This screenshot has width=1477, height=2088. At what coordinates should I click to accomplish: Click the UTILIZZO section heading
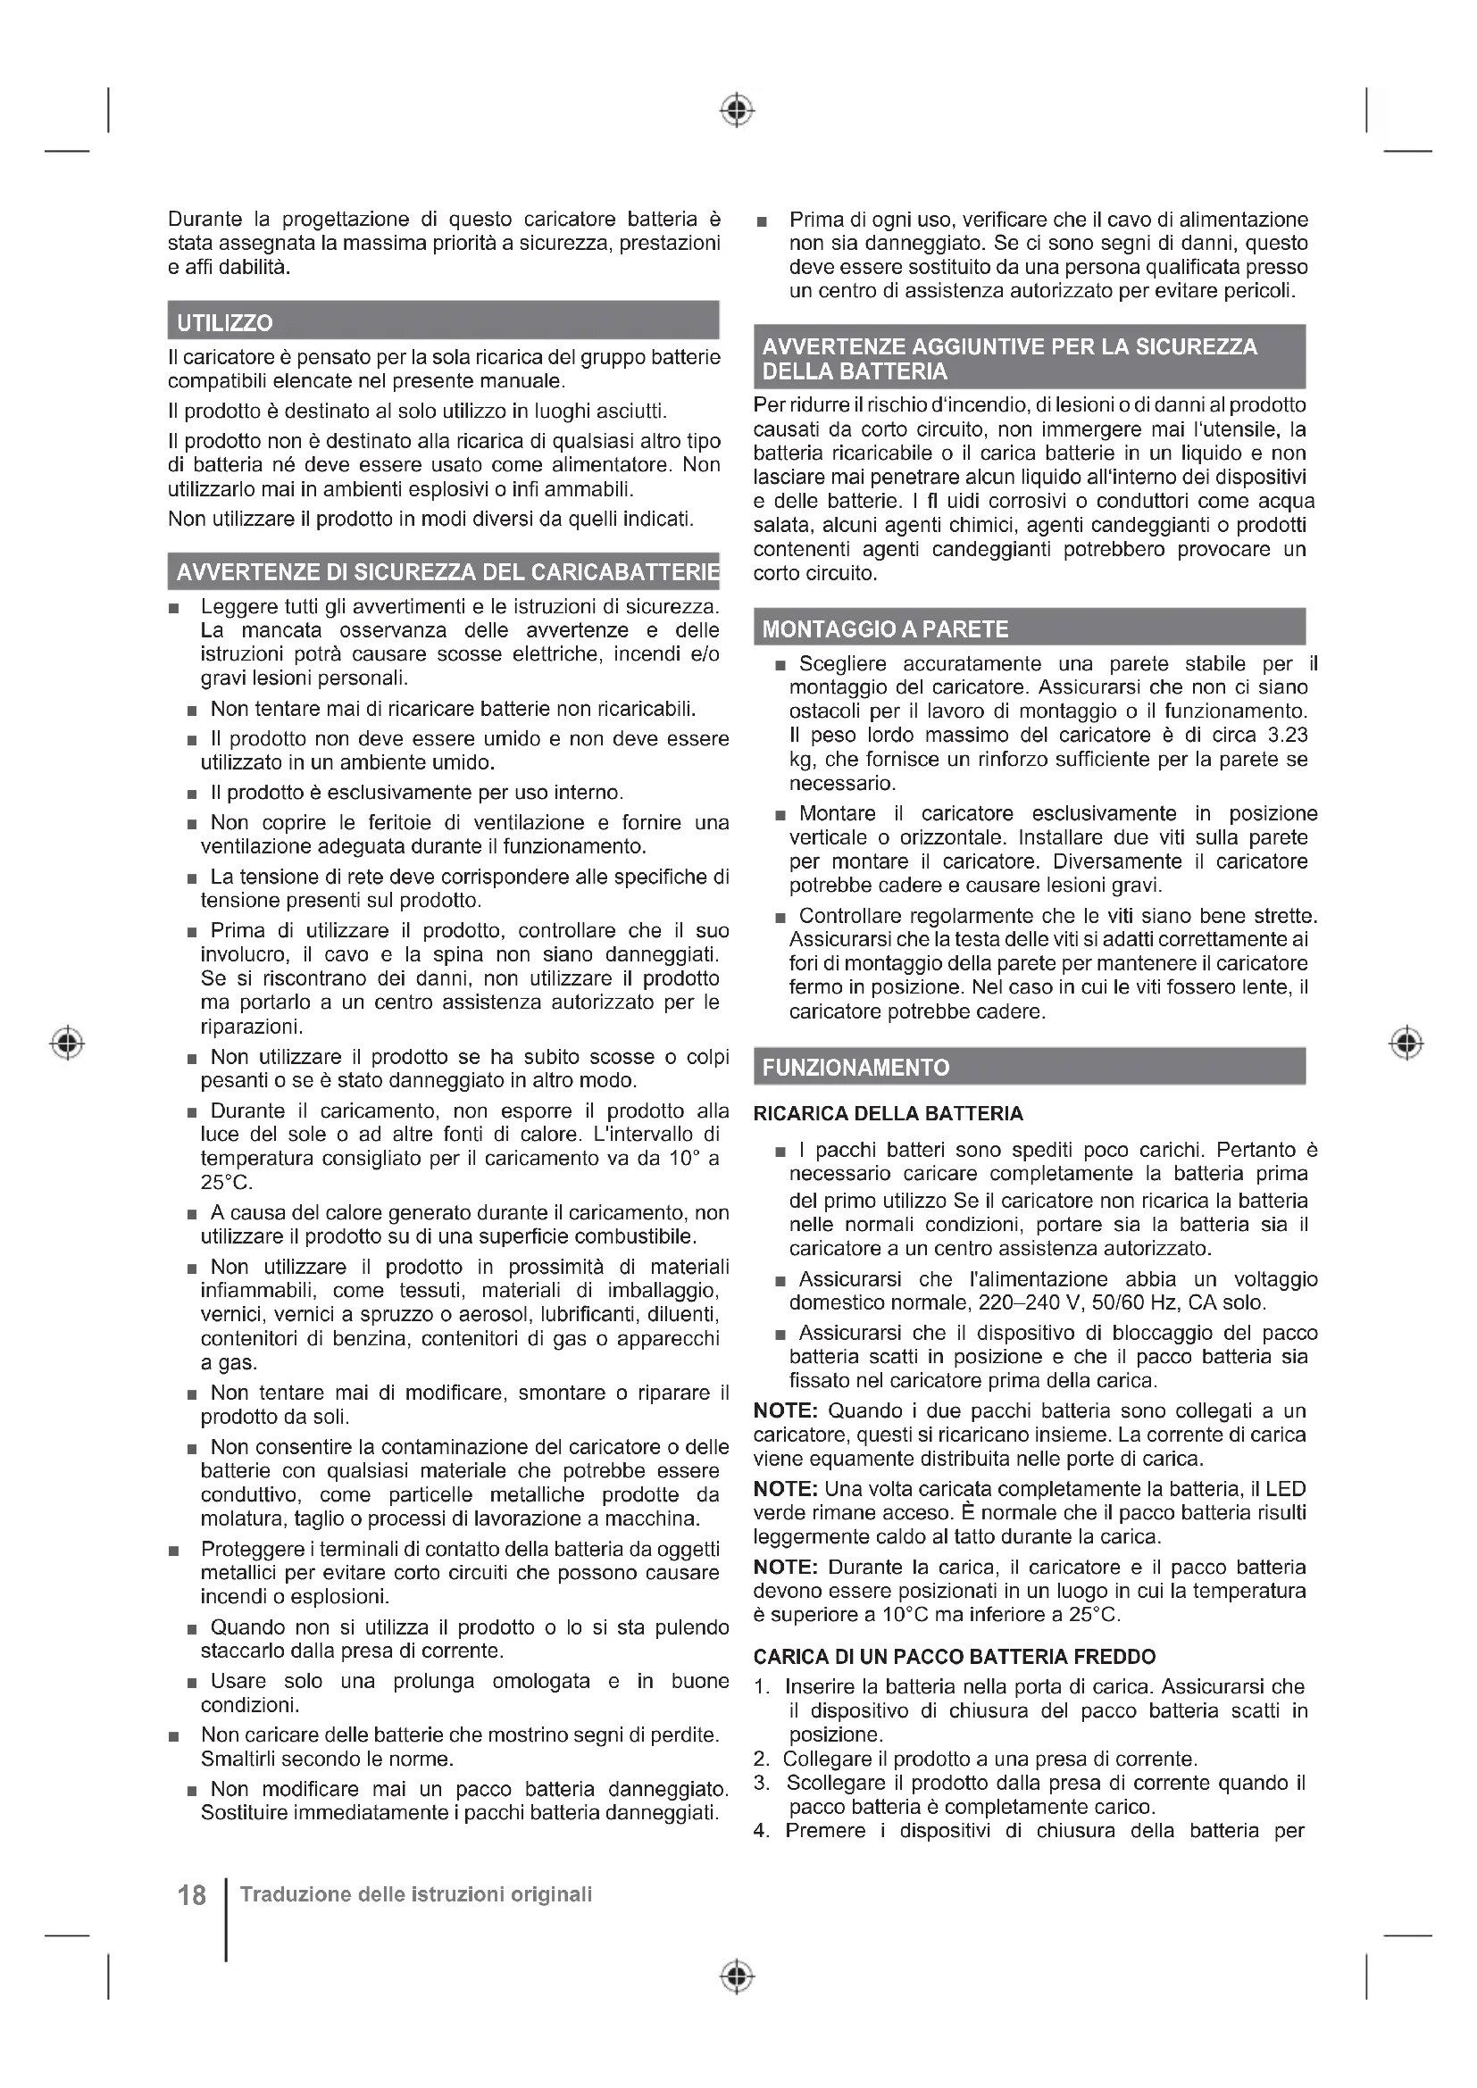click(x=225, y=323)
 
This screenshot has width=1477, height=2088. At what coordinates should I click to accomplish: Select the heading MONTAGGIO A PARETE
click(x=885, y=629)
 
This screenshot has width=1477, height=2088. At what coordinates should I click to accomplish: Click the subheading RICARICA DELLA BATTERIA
click(x=889, y=1114)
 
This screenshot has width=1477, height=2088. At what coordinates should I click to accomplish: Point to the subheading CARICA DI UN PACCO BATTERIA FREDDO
click(x=954, y=1657)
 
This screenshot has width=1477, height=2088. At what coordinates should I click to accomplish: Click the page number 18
click(x=192, y=1896)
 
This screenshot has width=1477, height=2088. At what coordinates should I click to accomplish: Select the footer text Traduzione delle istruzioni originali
click(x=415, y=1894)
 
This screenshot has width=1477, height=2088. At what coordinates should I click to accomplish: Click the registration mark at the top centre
click(x=738, y=110)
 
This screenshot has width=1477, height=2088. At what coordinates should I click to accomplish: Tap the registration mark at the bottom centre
click(x=738, y=1977)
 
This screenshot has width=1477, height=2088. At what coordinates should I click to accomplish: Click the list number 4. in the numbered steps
click(x=762, y=1831)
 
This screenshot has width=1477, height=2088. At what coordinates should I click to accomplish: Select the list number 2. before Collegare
click(x=762, y=1759)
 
